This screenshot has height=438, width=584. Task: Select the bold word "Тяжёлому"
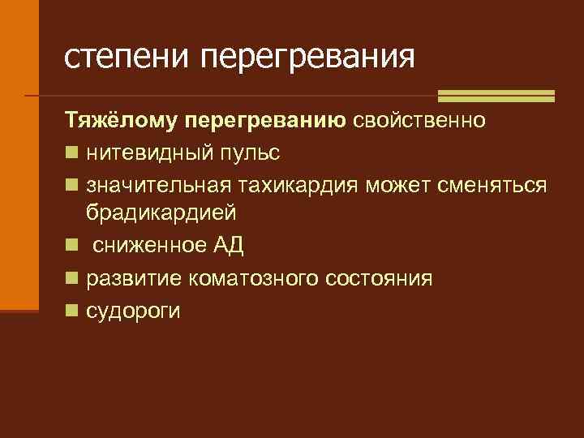pos(122,122)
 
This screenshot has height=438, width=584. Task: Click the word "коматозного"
pos(253,279)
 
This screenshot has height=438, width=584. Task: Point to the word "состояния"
pos(378,279)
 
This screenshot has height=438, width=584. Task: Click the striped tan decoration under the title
pos(496,96)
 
